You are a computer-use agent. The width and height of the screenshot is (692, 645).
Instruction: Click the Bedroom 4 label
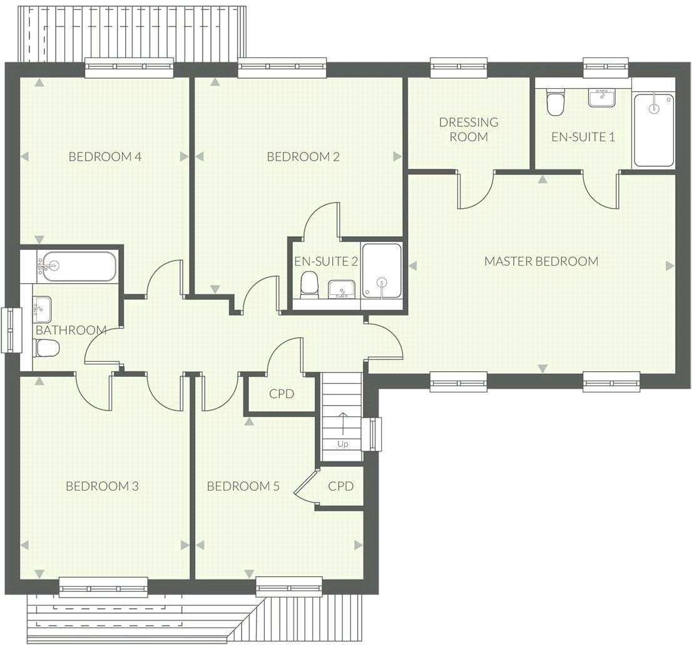[x=104, y=156]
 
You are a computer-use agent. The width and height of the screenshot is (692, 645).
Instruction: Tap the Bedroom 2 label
[x=303, y=156]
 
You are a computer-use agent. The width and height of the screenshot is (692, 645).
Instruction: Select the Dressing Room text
[x=469, y=129]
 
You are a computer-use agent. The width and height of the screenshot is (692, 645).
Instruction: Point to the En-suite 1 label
[x=583, y=136]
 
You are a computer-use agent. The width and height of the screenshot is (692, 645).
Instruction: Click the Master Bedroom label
[x=541, y=261]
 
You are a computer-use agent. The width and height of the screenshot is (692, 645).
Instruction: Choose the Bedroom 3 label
[x=102, y=486]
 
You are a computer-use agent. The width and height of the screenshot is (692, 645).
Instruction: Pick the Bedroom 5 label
[x=243, y=486]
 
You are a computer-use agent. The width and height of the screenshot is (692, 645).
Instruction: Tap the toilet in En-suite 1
[x=555, y=102]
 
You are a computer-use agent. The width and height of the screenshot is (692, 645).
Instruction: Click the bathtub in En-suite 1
[x=654, y=130]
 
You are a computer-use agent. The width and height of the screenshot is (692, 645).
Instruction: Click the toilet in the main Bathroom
[x=46, y=348]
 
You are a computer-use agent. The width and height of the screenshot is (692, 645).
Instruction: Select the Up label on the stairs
[x=342, y=444]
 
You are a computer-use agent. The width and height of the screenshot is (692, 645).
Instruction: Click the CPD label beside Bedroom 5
[x=341, y=486]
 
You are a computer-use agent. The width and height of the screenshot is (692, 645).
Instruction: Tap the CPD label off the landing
[x=282, y=394]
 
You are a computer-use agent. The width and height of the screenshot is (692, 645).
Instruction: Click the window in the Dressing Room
[x=459, y=67]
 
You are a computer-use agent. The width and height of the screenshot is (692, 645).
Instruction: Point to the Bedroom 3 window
[x=103, y=587]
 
